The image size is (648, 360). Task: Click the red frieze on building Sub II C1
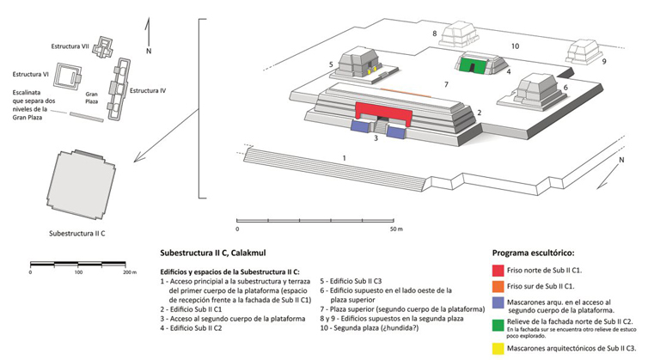(383, 112)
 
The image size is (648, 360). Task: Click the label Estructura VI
(28, 75)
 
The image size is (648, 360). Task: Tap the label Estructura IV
(148, 89)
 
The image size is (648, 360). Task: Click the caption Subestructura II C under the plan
(77, 232)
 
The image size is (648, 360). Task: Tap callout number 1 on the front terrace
(344, 158)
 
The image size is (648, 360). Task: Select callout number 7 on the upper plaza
(446, 84)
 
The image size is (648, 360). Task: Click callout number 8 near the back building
(435, 34)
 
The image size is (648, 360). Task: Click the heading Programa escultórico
(533, 254)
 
